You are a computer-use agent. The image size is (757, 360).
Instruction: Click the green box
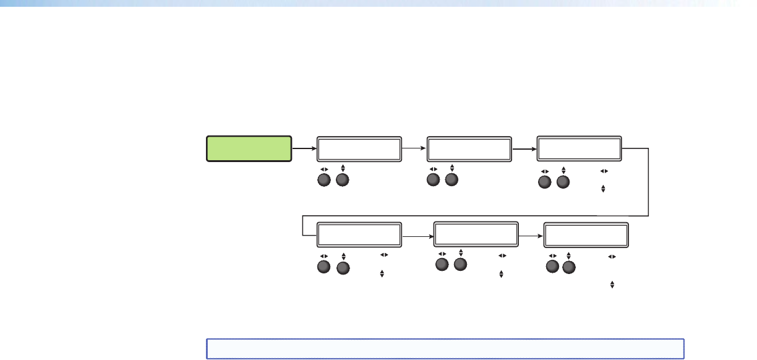pyautogui.click(x=249, y=149)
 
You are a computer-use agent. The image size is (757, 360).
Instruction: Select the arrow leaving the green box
pyautogui.click(x=304, y=149)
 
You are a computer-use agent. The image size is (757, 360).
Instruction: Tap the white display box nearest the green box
pyautogui.click(x=359, y=149)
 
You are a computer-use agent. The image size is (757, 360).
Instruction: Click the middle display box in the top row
pyautogui.click(x=469, y=149)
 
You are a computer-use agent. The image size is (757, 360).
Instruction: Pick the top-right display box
pyautogui.click(x=579, y=149)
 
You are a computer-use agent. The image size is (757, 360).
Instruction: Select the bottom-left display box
pyautogui.click(x=359, y=235)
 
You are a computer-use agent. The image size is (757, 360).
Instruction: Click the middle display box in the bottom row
pyautogui.click(x=476, y=235)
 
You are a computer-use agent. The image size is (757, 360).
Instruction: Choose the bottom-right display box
pyautogui.click(x=586, y=235)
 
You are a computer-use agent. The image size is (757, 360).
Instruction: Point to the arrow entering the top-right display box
pyautogui.click(x=524, y=149)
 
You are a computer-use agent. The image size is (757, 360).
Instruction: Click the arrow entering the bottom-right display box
pyautogui.click(x=531, y=235)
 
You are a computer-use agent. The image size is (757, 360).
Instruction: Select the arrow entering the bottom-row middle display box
pyautogui.click(x=417, y=235)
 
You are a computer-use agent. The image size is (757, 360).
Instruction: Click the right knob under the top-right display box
pyautogui.click(x=562, y=183)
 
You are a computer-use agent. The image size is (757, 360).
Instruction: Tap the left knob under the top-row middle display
pyautogui.click(x=434, y=181)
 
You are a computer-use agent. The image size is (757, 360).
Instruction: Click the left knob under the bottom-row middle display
pyautogui.click(x=442, y=265)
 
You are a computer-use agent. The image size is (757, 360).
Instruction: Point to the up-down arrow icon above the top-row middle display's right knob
pyautogui.click(x=452, y=168)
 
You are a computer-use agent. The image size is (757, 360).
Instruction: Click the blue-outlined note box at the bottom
pyautogui.click(x=445, y=348)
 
